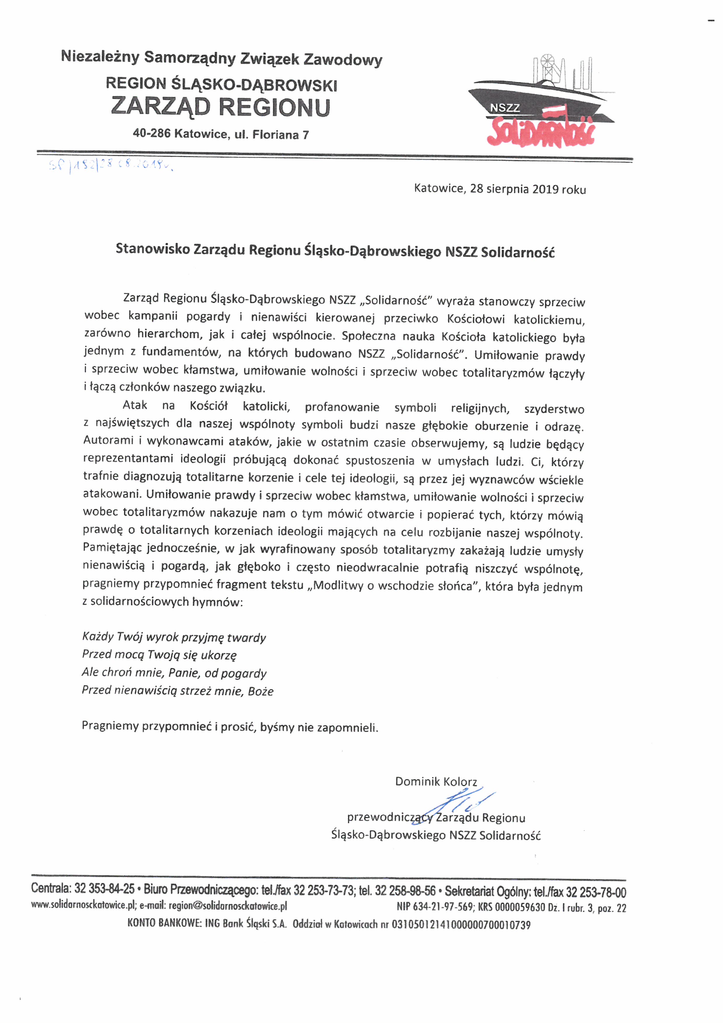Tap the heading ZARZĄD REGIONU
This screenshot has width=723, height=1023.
pos(220,107)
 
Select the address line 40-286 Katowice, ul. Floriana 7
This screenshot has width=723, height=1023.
pos(221,134)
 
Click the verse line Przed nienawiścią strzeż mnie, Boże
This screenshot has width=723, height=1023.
pos(177,691)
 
